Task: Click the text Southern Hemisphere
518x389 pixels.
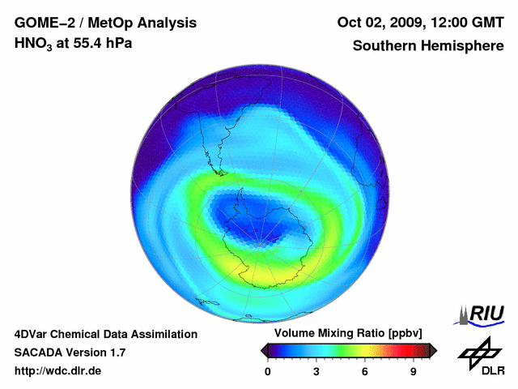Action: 428,45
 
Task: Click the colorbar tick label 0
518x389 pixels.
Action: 268,371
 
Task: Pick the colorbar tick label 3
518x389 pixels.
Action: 316,371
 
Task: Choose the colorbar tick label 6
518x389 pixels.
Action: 365,371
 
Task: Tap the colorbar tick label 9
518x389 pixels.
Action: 413,371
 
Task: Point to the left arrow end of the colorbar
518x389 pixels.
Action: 264,350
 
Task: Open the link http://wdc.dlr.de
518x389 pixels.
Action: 58,371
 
